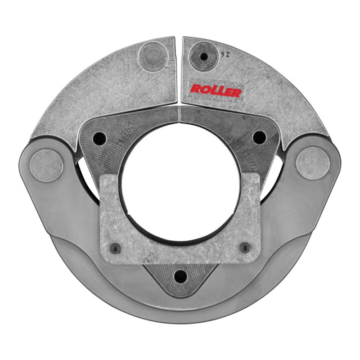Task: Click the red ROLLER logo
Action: click(216, 90)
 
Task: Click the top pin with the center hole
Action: click(204, 57)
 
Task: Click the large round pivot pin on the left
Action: click(46, 165)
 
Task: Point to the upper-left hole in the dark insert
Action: click(100, 138)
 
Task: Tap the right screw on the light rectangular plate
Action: click(244, 247)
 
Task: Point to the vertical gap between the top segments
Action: click(179, 72)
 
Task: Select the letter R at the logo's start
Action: click(195, 89)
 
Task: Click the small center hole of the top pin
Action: click(204, 57)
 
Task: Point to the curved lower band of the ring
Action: click(180, 310)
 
